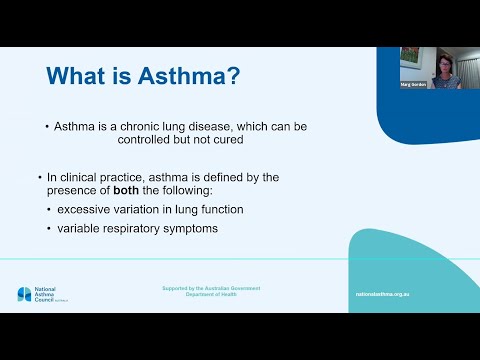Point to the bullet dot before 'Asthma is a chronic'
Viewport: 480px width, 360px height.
46,127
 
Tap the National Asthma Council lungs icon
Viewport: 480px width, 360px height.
24,294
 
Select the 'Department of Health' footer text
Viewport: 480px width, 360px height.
211,295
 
